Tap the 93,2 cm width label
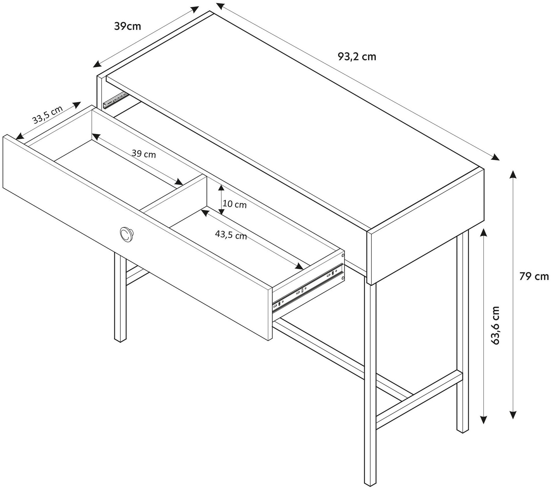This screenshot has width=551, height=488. pos(357,57)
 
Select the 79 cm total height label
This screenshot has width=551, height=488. pos(534,277)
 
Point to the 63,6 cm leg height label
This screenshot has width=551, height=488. pos(495,325)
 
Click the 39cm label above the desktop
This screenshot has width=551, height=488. pos(127,26)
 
